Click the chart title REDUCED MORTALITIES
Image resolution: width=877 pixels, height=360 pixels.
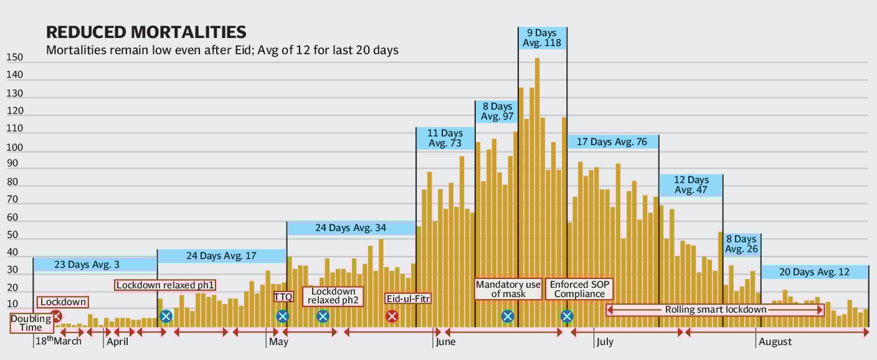(146, 32)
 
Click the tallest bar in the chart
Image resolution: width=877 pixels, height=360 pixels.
(537, 187)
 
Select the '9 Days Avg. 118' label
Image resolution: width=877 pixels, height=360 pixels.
(543, 37)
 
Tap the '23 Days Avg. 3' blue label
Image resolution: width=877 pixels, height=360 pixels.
(95, 265)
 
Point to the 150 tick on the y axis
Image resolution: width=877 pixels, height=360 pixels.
(14, 58)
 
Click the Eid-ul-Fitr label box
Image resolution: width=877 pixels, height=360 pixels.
(408, 298)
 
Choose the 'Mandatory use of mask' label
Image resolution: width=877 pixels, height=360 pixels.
(508, 289)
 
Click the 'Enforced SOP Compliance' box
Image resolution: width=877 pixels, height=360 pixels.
(579, 289)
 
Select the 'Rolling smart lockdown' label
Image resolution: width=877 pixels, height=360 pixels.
(715, 310)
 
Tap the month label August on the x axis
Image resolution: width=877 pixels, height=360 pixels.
(775, 342)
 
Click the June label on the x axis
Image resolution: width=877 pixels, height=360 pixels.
(446, 342)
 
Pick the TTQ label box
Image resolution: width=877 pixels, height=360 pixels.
(283, 297)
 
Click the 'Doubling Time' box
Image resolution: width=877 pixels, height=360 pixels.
(31, 323)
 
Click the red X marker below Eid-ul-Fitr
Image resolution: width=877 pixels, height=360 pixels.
(392, 316)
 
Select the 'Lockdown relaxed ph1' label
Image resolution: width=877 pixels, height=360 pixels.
(166, 285)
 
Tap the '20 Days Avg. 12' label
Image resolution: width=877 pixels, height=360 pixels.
(815, 272)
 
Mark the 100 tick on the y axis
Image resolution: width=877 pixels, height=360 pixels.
(14, 148)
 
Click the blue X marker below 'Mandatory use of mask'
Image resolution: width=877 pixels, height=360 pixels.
(508, 316)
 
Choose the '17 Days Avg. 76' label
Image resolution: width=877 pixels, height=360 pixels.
(612, 142)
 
